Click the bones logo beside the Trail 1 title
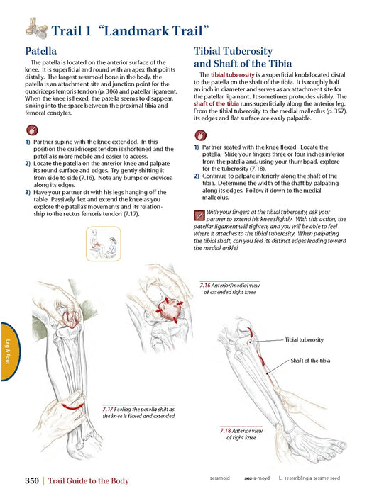(36, 28)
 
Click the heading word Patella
(41, 51)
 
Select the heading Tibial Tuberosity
(234, 51)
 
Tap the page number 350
(32, 480)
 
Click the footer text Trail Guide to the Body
(89, 481)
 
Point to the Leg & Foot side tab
(10, 351)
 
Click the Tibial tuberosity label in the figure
(305, 339)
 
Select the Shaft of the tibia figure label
(310, 361)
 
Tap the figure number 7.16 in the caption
(205, 285)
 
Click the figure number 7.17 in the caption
(108, 409)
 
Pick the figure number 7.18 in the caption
(226, 431)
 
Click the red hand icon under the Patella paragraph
(32, 130)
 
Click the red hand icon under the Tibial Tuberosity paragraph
(201, 135)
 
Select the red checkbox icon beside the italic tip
(199, 215)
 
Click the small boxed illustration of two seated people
(104, 244)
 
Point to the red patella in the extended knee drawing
(168, 310)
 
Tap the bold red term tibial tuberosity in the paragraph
(233, 75)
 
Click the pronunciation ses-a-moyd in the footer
(257, 478)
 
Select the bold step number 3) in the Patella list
(28, 192)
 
